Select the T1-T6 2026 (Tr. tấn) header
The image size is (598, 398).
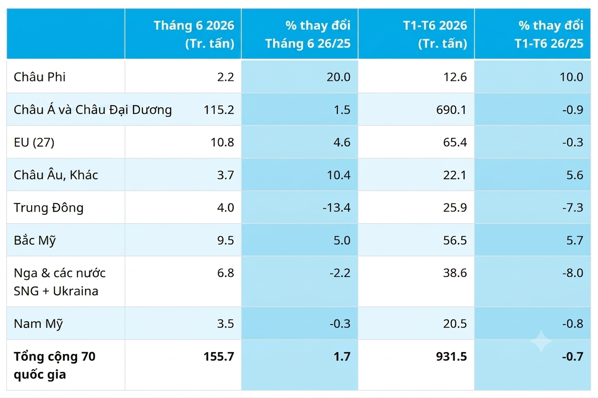coord(435,34)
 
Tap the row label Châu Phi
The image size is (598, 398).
coord(40,77)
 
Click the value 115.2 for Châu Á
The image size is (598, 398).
coord(219,110)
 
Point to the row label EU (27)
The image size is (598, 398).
coord(34,142)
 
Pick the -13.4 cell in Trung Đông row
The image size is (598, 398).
coord(336,208)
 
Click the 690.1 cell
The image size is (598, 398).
coord(451,110)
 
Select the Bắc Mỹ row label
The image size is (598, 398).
coord(35,240)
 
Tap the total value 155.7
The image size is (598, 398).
coord(219,356)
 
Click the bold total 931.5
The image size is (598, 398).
coord(451,356)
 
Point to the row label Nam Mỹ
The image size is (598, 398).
coord(38,324)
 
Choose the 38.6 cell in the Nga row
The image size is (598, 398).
coord(455,273)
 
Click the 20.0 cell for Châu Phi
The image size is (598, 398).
coord(339,77)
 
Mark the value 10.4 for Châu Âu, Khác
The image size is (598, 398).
coord(339,175)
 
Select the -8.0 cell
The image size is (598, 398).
coord(572,273)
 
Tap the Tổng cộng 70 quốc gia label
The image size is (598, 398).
coord(54,365)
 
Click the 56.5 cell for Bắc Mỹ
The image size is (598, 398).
coord(455,240)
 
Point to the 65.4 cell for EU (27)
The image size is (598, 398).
coord(455,142)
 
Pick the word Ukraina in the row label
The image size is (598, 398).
coord(76,291)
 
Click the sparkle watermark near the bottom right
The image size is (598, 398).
coord(541,341)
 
